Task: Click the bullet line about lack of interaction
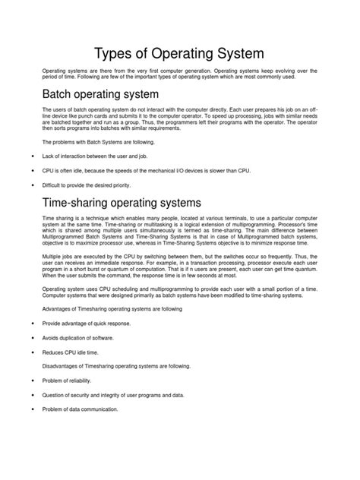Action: coord(93,156)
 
